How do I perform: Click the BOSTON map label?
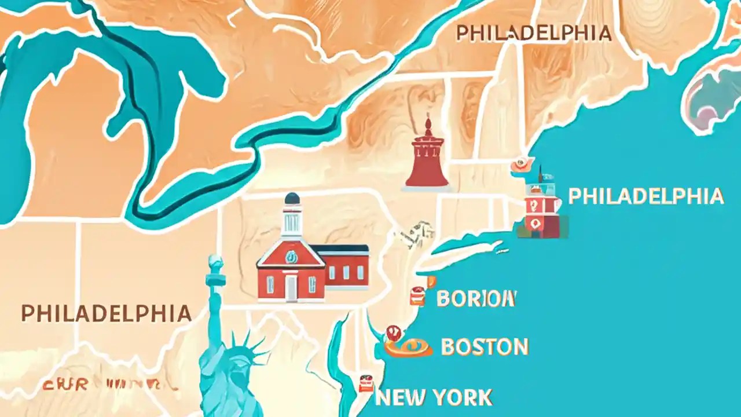485,347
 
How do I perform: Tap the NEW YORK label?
434,398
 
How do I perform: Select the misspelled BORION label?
476,299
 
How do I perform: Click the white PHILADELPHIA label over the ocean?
645,196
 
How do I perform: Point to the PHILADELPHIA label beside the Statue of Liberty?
106,313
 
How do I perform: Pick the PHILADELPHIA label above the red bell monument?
534,33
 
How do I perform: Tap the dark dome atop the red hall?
292,199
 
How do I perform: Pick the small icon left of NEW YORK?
366,383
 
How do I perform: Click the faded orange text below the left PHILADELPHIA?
101,384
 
